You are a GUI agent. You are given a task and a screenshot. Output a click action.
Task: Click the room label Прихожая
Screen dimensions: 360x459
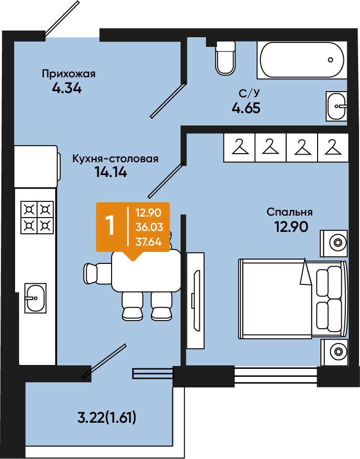tap(69, 74)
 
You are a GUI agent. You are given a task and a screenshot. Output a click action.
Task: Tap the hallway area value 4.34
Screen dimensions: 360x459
tap(67, 88)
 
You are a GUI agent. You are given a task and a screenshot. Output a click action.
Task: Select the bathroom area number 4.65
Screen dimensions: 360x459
tap(246, 108)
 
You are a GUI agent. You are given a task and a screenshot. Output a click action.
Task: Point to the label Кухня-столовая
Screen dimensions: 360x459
tap(115, 159)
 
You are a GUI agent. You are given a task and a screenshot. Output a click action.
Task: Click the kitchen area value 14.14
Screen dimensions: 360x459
tap(111, 172)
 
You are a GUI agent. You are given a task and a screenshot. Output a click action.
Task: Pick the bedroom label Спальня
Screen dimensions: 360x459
tap(289, 212)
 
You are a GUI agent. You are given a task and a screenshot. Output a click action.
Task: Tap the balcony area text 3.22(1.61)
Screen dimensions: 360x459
tap(107, 417)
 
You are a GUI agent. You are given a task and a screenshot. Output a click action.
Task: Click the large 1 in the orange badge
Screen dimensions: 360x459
tap(110, 226)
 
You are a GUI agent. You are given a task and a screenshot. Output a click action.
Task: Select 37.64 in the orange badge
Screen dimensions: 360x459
tap(149, 242)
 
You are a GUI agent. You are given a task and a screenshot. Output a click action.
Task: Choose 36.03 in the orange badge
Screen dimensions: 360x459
tap(149, 227)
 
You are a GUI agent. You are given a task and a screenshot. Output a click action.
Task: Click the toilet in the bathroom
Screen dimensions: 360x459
tap(225, 58)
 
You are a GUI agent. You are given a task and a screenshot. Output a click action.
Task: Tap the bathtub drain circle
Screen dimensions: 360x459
tap(330, 60)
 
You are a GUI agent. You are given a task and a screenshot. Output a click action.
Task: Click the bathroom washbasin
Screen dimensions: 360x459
tap(337, 106)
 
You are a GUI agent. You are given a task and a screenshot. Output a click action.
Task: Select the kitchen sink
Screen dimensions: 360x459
tap(35, 298)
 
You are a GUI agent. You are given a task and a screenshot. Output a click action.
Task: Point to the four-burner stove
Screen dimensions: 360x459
tap(37, 218)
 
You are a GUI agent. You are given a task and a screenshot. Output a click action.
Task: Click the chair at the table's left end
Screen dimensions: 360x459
tap(97, 273)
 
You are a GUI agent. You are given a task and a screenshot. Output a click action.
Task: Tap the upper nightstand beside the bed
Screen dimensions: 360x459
tap(334, 243)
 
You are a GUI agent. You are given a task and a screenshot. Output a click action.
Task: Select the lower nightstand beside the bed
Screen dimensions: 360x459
tap(334, 352)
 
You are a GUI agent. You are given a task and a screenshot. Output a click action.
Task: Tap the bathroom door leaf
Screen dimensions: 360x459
tap(168, 100)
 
